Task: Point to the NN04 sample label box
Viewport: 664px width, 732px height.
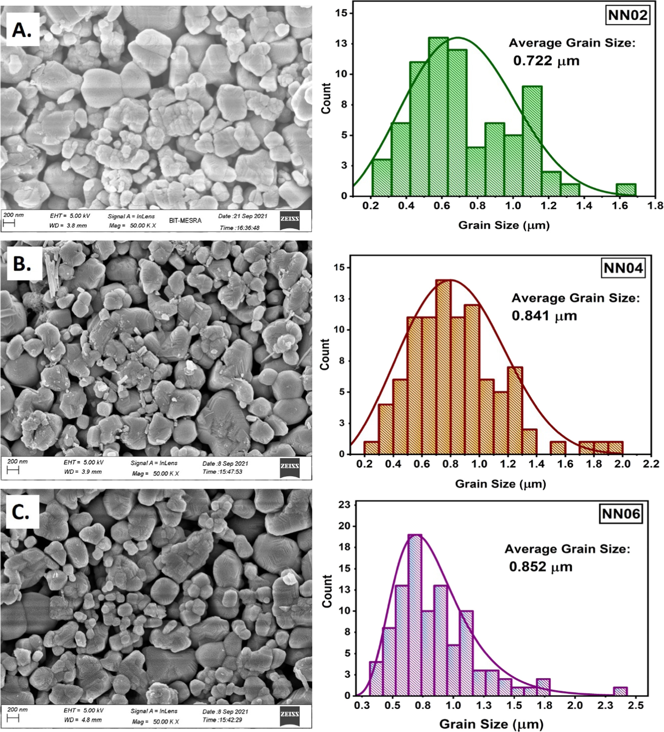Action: pos(623,268)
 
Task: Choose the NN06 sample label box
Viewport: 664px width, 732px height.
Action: pos(621,513)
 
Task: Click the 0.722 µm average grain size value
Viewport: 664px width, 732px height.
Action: pos(546,61)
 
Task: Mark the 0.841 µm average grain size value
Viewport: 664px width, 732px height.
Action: pos(544,316)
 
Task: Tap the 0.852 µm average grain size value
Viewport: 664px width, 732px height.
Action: pos(541,567)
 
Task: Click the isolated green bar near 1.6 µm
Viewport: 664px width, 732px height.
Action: pos(626,190)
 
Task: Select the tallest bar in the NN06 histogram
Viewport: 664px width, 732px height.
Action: pos(415,615)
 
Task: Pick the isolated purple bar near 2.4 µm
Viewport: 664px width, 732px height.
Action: pos(620,691)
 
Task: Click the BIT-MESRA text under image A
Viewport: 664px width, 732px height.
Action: pos(185,221)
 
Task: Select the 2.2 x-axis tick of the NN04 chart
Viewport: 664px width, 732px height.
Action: pos(651,464)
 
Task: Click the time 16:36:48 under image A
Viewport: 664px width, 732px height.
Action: pos(239,228)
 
